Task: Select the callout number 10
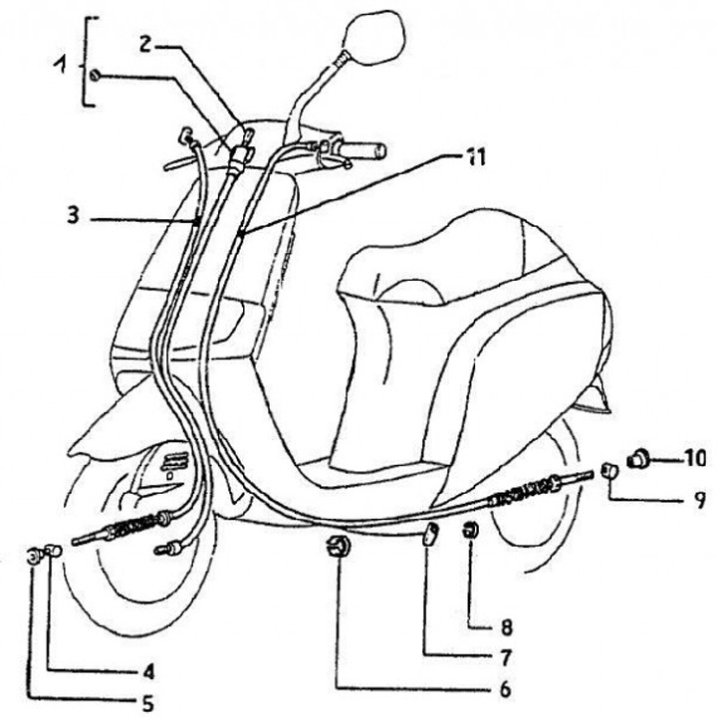tap(694, 459)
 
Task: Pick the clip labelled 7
tap(429, 535)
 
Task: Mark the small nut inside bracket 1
tap(94, 77)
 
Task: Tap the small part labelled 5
tap(36, 554)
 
